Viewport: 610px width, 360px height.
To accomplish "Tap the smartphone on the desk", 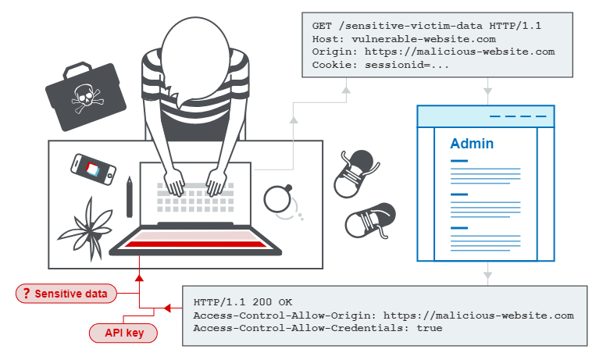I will point(93,168).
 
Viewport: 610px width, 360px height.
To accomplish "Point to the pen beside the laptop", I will point(130,196).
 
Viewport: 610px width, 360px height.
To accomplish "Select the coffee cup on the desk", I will point(277,198).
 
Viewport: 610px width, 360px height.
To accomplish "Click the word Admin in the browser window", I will point(472,144).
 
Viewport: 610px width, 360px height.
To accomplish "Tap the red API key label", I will point(123,333).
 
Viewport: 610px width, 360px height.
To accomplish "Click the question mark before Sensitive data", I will point(27,294).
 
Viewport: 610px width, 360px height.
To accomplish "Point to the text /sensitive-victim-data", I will point(408,25).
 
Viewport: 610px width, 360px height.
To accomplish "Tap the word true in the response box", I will point(429,328).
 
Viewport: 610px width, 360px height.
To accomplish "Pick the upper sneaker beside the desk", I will point(355,173).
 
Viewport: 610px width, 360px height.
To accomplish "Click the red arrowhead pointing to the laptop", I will point(139,275).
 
